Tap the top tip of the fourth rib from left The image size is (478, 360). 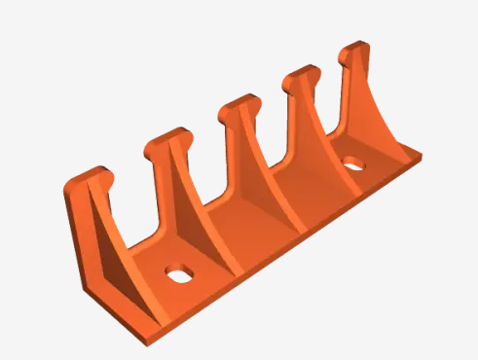pos(303,75)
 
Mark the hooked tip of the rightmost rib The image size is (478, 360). pos(355,49)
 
